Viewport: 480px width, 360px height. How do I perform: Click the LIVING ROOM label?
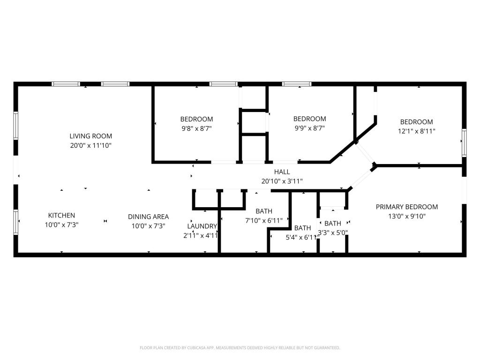pyautogui.click(x=91, y=136)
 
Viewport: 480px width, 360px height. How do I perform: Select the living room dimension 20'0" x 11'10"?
pyautogui.click(x=91, y=145)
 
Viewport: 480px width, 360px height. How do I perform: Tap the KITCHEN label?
pyautogui.click(x=61, y=216)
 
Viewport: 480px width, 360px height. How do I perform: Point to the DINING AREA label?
pyautogui.click(x=148, y=217)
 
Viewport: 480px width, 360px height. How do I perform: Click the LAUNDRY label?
pyautogui.click(x=202, y=226)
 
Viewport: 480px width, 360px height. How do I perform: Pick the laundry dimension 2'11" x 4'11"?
pyautogui.click(x=201, y=235)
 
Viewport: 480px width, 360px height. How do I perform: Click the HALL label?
pyautogui.click(x=282, y=172)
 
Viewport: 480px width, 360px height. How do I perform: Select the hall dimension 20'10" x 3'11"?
pyautogui.click(x=282, y=181)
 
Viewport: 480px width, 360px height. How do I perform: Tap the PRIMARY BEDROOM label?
pyautogui.click(x=406, y=207)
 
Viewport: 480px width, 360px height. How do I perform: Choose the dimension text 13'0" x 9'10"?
pyautogui.click(x=406, y=216)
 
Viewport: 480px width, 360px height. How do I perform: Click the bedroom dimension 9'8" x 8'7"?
pyautogui.click(x=196, y=128)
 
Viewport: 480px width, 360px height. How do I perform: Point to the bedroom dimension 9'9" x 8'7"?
pyautogui.click(x=309, y=127)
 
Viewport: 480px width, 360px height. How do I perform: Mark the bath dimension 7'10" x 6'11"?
pyautogui.click(x=264, y=220)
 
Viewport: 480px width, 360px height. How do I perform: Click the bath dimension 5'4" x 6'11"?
pyautogui.click(x=302, y=237)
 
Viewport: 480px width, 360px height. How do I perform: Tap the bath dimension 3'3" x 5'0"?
pyautogui.click(x=333, y=232)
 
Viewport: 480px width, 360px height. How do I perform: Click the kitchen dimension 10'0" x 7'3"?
pyautogui.click(x=61, y=225)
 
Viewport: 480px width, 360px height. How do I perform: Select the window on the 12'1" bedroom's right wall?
pyautogui.click(x=464, y=142)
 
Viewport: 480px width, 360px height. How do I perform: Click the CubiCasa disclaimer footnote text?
pyautogui.click(x=240, y=348)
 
